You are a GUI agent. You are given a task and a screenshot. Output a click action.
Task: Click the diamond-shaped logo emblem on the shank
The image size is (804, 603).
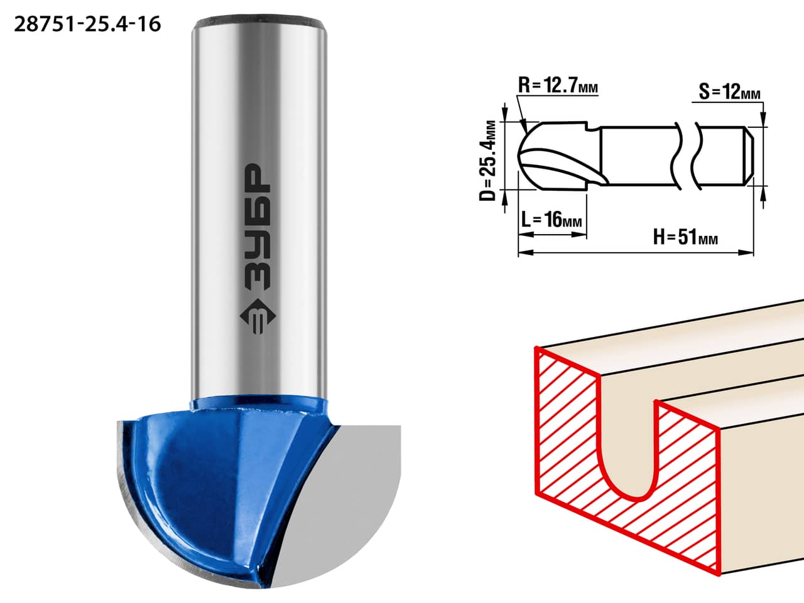point(258,316)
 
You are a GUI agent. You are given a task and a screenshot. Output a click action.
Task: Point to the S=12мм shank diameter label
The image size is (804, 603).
point(730,92)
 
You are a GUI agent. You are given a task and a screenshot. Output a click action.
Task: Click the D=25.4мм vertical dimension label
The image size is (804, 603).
point(487,161)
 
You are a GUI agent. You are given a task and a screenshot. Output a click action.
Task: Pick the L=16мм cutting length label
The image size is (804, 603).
point(551,220)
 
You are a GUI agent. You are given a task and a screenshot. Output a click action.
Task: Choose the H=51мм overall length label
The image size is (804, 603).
point(685,237)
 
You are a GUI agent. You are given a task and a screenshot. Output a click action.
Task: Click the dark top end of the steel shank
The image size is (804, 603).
point(259,22)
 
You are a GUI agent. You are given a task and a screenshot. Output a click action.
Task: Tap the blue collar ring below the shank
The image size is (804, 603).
point(259,405)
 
